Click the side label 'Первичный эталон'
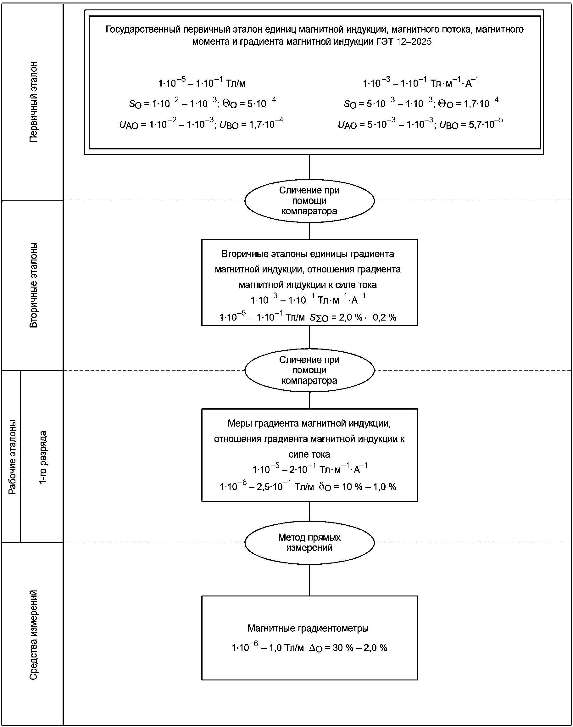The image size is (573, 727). point(34,102)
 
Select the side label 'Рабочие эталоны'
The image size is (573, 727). point(12,457)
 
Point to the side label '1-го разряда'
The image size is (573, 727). point(43,458)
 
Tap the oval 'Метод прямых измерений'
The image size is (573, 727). point(309,542)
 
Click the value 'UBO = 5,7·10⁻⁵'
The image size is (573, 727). point(471,124)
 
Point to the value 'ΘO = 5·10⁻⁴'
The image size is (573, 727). point(249,103)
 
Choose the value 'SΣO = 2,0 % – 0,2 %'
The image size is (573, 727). point(353,317)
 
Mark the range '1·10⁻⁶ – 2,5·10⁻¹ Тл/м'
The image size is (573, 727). point(267,486)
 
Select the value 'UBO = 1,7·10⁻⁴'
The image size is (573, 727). point(251,124)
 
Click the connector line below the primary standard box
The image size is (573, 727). point(309,167)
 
